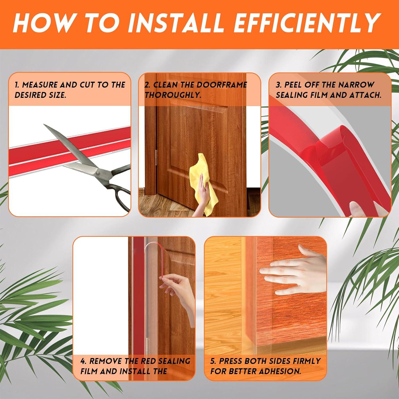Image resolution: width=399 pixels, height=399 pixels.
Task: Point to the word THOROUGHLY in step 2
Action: (173, 95)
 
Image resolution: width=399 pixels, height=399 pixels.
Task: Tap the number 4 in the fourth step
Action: (83, 361)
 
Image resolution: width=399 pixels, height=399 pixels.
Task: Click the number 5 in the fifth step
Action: (213, 361)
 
